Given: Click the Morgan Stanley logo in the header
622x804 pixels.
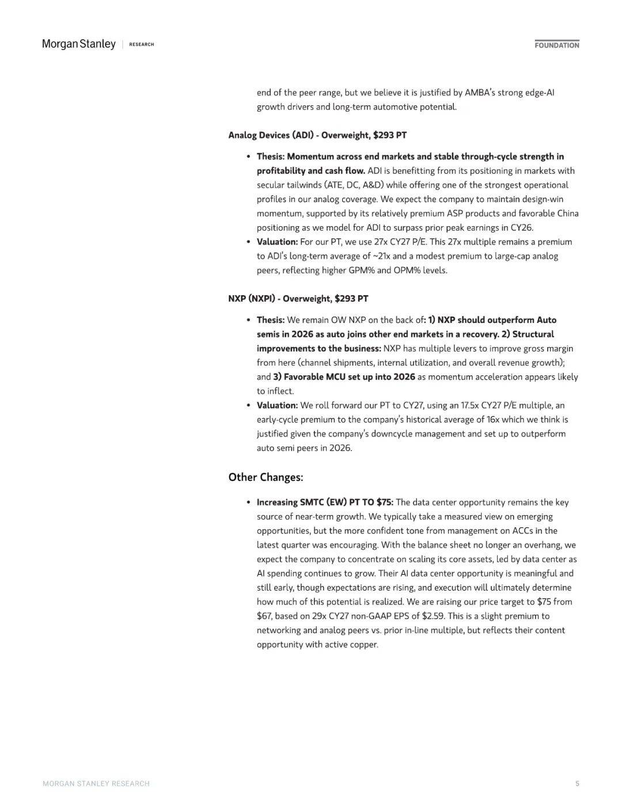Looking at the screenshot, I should point(79,44).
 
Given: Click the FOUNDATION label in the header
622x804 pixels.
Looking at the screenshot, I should point(556,45).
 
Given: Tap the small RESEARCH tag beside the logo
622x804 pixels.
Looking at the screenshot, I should point(142,44).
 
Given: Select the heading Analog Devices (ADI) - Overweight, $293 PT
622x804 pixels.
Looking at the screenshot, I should point(317,135).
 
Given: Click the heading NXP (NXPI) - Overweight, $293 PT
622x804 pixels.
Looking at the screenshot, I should point(298,299).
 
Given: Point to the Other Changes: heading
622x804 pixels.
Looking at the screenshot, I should point(266,477).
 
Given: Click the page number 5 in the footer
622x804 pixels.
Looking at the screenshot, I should point(577,783).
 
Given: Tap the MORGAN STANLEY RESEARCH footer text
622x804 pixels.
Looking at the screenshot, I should point(96,783).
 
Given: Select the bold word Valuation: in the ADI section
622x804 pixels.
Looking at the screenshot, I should point(277,242).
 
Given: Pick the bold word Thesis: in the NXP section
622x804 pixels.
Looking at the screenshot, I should point(271,320).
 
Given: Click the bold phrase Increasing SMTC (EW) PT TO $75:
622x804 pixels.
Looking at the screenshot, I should point(325,502).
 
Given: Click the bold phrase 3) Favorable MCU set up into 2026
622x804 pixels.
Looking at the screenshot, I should point(344,377).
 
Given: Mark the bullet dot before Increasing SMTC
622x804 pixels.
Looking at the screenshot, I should point(248,502).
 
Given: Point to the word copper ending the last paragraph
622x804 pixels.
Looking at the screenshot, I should point(363,645).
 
